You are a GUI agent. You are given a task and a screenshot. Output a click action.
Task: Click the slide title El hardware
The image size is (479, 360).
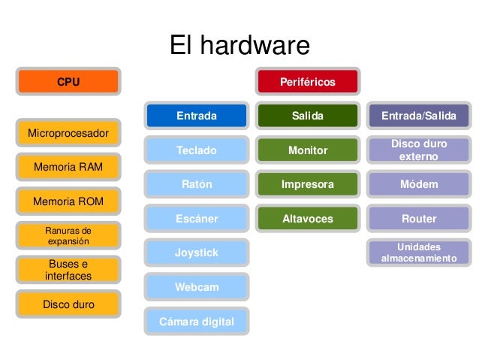(239, 46)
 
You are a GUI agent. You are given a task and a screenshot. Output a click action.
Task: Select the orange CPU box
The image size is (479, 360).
(68, 81)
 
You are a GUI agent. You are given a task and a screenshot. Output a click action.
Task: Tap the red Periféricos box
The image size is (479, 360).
(308, 81)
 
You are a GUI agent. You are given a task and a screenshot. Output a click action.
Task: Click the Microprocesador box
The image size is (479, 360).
(68, 134)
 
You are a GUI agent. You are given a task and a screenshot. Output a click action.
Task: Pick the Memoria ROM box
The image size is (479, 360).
(68, 201)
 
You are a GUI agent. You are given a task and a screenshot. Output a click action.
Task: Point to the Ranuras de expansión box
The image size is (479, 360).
(68, 235)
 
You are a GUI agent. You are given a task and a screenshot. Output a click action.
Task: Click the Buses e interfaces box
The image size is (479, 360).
(68, 270)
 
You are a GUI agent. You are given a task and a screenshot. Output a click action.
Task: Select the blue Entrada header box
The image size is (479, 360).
(197, 116)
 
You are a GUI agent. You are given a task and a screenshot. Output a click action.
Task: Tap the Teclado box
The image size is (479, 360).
(197, 150)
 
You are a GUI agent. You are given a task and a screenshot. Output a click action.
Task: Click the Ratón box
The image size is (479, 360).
(197, 184)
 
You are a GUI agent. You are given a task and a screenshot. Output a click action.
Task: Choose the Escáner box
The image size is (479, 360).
(197, 219)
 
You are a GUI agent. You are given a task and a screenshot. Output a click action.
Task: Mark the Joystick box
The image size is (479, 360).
(197, 253)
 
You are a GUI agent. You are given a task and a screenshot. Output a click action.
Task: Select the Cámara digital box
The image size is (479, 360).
(197, 322)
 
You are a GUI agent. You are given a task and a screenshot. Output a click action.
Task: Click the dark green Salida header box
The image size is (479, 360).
(308, 116)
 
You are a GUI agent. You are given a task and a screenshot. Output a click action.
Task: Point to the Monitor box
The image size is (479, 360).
(308, 150)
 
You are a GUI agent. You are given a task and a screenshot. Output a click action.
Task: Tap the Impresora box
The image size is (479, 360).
(308, 184)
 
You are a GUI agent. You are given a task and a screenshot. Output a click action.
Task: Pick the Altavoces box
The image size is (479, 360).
(308, 219)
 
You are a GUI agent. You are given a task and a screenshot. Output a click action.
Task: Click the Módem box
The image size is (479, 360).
(419, 184)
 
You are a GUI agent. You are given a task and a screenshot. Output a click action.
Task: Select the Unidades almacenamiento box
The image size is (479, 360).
(419, 253)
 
